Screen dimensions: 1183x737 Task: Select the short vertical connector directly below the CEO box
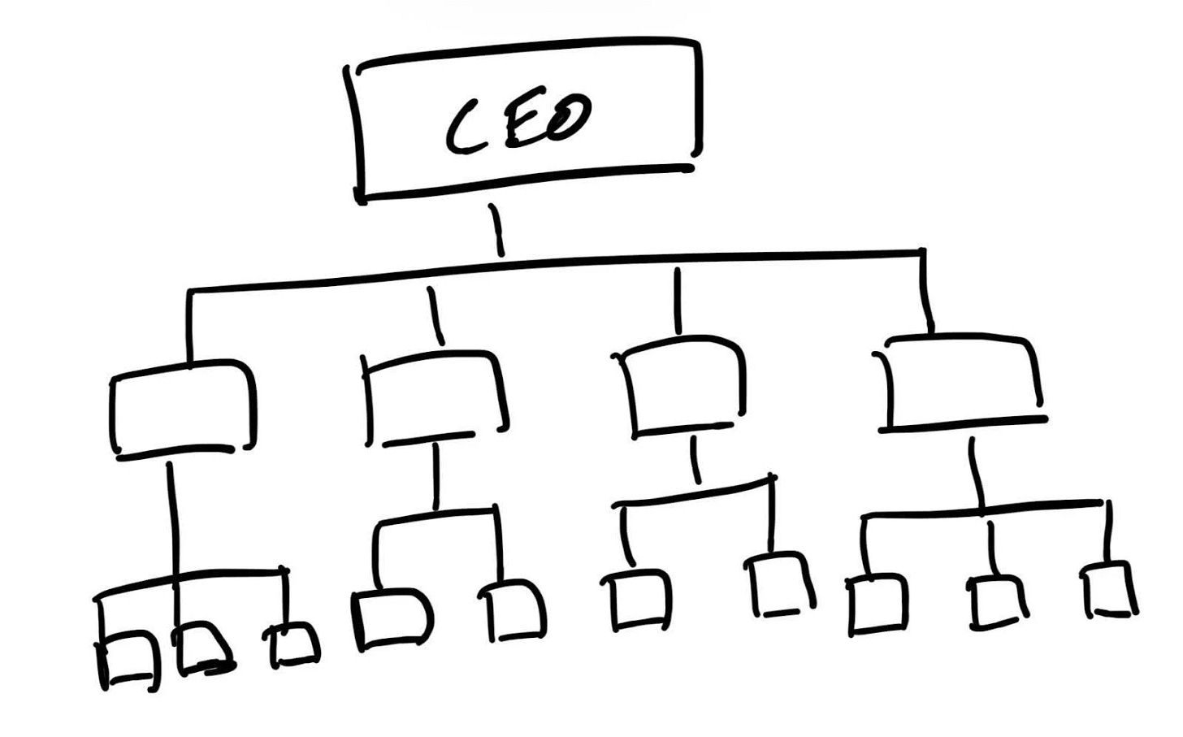496,230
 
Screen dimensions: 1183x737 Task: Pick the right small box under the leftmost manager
293,644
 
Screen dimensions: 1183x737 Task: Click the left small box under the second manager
392,618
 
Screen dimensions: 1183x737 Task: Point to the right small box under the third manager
779,583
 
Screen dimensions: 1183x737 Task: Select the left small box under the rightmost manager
878,604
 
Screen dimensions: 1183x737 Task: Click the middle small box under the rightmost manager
994,601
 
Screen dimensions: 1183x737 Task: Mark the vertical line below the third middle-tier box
695,460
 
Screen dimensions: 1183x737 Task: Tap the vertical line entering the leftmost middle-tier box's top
189,325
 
